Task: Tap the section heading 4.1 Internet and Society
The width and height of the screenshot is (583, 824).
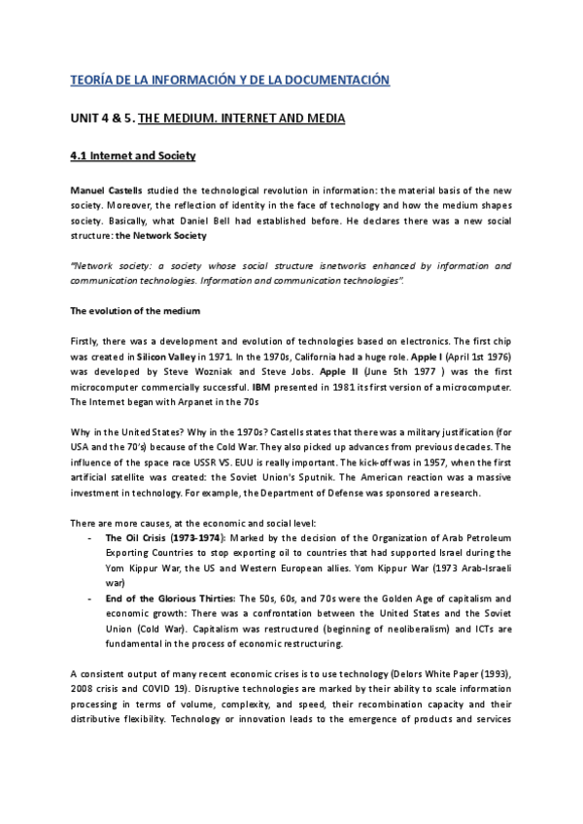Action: [133, 155]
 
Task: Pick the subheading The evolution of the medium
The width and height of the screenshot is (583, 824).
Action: [135, 311]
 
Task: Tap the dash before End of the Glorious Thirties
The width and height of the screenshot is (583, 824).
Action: [89, 598]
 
